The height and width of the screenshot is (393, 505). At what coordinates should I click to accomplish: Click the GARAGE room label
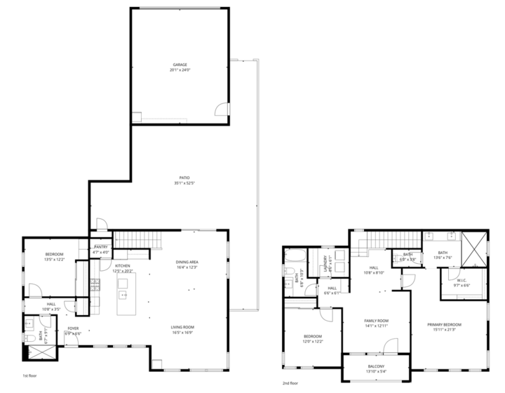(180, 65)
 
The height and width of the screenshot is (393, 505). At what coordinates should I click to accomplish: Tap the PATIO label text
(183, 178)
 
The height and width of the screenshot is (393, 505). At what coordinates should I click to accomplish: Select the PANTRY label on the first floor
(100, 248)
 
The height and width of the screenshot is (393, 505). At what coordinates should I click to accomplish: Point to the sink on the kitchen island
(123, 294)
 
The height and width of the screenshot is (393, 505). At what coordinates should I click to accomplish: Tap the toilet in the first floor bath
(29, 338)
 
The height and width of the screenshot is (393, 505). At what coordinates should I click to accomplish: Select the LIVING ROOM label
(182, 327)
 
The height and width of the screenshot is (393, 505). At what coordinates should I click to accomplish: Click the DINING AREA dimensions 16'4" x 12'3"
(187, 267)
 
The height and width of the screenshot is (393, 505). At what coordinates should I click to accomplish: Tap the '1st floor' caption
(29, 375)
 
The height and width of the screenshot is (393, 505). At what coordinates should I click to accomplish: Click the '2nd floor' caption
(290, 383)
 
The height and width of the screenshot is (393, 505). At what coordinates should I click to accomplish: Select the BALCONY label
(376, 366)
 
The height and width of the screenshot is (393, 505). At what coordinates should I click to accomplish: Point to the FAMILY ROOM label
(376, 321)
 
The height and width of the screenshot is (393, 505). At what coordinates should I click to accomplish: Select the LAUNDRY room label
(325, 263)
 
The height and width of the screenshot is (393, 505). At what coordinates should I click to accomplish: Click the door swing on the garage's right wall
(222, 109)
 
